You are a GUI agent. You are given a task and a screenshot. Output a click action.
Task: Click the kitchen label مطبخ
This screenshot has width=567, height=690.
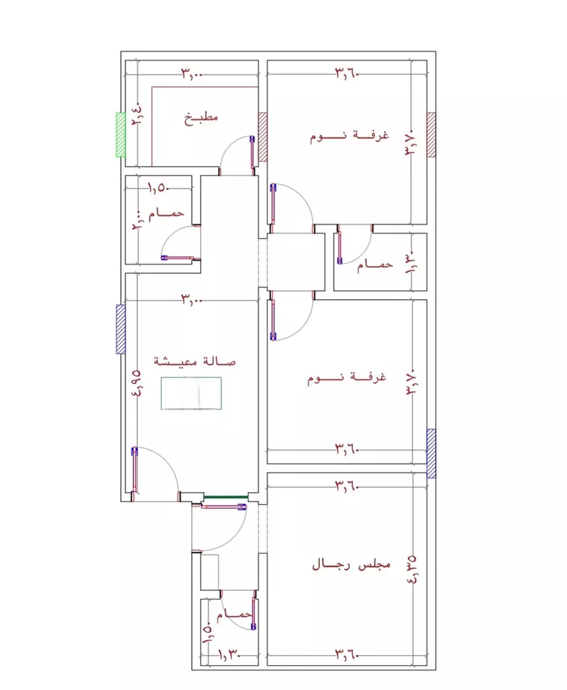click(x=201, y=117)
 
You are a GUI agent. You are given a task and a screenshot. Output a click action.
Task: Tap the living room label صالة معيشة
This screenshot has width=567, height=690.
click(x=194, y=361)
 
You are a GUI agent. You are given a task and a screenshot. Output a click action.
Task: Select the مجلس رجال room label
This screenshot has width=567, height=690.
click(x=352, y=565)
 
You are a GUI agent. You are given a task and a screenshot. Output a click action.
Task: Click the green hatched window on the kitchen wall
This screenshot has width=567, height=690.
click(x=121, y=135)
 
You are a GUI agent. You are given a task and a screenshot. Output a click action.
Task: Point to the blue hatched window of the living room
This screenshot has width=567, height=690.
click(x=121, y=330)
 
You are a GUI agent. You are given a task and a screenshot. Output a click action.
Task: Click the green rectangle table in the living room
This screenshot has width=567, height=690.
click(x=191, y=394)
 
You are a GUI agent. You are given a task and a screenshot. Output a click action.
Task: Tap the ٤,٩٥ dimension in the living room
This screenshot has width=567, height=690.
click(x=137, y=382)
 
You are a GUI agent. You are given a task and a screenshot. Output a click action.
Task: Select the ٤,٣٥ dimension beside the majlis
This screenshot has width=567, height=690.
click(x=411, y=569)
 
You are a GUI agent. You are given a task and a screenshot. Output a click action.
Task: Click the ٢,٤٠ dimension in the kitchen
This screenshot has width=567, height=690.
click(x=137, y=114)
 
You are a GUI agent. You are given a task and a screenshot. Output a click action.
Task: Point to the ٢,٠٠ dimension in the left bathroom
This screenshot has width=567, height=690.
click(x=137, y=220)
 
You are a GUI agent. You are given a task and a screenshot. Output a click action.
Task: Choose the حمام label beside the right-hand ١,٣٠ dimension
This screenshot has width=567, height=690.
click(x=375, y=264)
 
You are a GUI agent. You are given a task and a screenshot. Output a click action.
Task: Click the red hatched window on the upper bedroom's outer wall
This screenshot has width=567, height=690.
click(x=432, y=135)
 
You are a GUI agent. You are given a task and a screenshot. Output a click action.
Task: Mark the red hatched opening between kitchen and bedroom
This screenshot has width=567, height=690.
click(x=263, y=137)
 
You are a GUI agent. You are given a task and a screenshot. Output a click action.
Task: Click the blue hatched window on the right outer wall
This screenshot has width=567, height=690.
click(x=432, y=453)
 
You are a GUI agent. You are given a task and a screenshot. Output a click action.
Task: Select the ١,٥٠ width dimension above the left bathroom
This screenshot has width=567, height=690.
click(x=159, y=188)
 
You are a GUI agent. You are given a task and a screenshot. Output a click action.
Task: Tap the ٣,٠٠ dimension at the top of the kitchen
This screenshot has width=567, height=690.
click(x=191, y=74)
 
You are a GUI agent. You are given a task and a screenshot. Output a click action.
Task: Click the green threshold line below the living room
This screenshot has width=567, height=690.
click(x=226, y=497)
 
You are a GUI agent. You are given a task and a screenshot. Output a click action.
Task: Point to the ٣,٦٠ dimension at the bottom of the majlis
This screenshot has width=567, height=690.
click(x=347, y=654)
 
